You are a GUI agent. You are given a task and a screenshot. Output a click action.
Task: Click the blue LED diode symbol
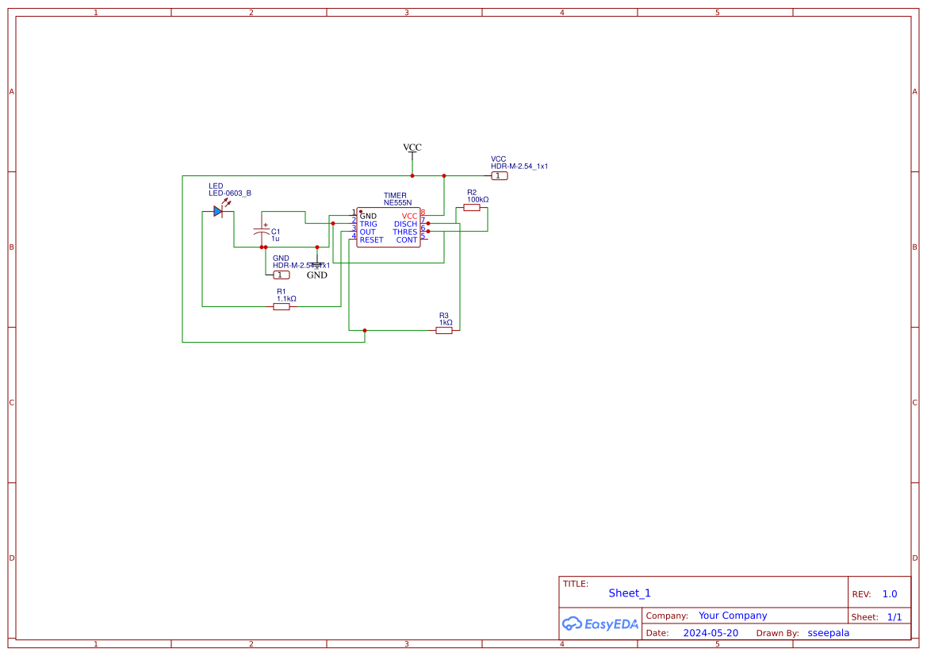[218, 211]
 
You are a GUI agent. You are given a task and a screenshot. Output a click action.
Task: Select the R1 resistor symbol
[282, 306]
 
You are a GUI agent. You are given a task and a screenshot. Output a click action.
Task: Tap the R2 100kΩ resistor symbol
[472, 207]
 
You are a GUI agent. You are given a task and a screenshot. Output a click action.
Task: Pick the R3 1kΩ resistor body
[444, 330]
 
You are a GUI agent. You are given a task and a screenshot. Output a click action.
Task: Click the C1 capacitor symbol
[262, 232]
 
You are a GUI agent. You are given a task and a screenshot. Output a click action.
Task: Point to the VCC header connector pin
[499, 176]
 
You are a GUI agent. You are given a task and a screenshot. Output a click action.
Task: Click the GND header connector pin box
[281, 274]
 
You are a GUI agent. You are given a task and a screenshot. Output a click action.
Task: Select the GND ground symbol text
[317, 275]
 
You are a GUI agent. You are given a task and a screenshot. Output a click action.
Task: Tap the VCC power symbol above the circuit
[412, 148]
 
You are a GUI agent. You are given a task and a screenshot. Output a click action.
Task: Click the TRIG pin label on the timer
[369, 224]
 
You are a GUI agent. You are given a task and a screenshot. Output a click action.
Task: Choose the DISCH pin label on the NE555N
[405, 224]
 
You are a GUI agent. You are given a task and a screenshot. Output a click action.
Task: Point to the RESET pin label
[371, 240]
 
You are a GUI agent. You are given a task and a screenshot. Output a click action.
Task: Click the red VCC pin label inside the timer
[409, 217]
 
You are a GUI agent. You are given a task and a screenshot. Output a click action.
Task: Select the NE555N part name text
[397, 203]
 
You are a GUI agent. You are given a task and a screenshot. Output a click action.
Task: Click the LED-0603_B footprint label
[230, 194]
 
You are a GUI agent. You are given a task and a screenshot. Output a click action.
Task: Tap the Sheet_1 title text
[630, 593]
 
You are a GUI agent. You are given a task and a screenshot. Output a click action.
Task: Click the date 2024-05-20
[711, 633]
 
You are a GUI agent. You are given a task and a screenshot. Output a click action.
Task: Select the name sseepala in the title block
[828, 633]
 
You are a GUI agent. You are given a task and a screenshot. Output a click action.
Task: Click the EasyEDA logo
[600, 623]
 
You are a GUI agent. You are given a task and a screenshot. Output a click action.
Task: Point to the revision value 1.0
[890, 594]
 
